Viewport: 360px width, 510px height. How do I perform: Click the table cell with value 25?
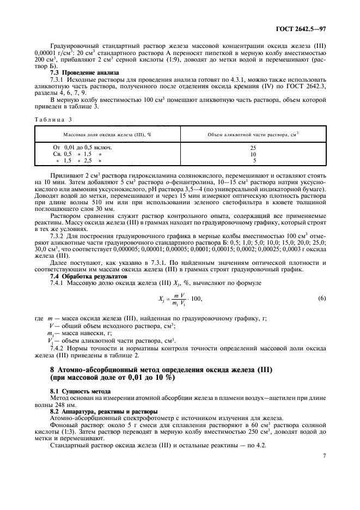pyautogui.click(x=253, y=148)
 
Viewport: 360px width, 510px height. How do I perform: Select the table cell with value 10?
pyautogui.click(x=253, y=154)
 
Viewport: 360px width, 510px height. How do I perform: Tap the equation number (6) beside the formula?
pyautogui.click(x=322, y=298)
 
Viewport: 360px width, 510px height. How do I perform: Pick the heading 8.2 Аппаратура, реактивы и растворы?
pyautogui.click(x=96, y=411)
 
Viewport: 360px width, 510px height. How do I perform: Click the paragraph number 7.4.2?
pyautogui.click(x=58, y=348)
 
